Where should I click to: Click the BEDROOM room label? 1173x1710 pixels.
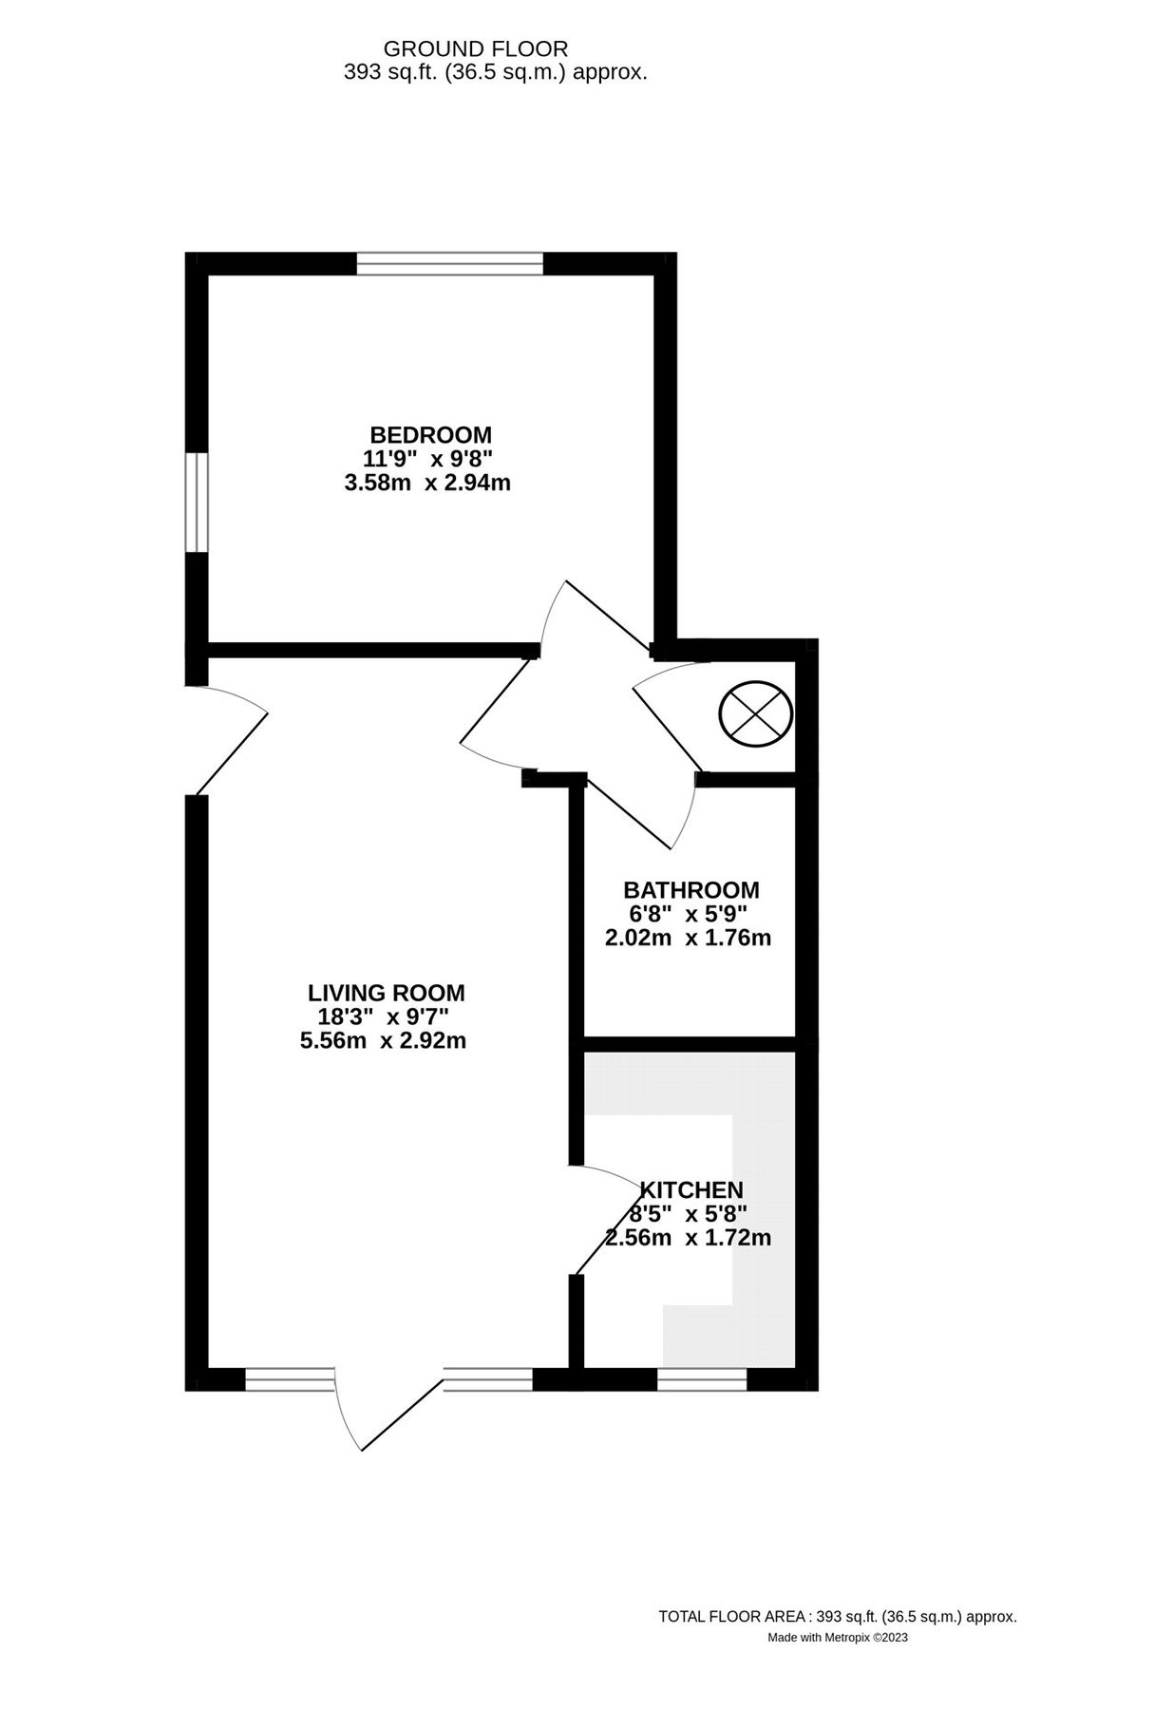430,435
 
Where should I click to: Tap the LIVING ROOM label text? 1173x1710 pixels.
386,993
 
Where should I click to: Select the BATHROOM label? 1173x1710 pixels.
691,890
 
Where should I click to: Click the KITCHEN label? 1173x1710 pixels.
691,1189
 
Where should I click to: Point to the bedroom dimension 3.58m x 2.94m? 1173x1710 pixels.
427,483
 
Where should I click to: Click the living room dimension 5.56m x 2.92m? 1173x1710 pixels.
383,1040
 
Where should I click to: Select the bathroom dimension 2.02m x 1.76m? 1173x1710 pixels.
688,938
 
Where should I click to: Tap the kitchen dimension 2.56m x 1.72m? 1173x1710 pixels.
688,1238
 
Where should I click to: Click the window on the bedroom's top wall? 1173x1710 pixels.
449,263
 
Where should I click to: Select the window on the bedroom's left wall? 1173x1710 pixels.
196,502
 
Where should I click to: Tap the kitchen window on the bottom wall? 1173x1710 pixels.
702,1379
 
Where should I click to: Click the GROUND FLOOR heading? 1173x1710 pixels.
475,48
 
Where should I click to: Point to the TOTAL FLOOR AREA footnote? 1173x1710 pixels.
837,1616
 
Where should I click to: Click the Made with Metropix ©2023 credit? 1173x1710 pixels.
837,1637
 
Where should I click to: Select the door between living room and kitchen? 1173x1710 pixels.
608,1221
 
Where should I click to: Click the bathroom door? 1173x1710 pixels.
646,807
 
